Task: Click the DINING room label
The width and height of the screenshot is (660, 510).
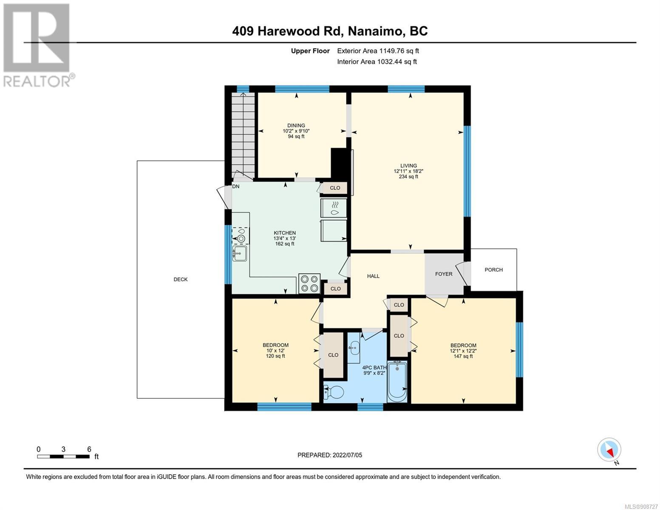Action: click(296, 125)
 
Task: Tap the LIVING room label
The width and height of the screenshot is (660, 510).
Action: click(408, 166)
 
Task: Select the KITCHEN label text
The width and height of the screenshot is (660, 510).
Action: click(285, 233)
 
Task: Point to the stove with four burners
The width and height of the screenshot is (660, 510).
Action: click(309, 283)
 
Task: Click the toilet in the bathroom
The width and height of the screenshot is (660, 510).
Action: click(334, 393)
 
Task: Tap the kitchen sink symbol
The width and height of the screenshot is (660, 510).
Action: click(240, 254)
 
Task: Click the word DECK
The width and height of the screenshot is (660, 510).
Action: click(181, 280)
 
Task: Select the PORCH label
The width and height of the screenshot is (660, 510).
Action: click(493, 270)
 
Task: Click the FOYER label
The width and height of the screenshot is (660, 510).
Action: click(444, 274)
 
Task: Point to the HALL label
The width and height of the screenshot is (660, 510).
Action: click(373, 276)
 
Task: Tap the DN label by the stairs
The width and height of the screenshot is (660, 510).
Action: click(236, 187)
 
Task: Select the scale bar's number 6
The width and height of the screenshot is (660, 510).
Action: click(89, 449)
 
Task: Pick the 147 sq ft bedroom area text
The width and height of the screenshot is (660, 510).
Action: click(463, 356)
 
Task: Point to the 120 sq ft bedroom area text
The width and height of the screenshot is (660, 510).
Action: click(275, 356)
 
